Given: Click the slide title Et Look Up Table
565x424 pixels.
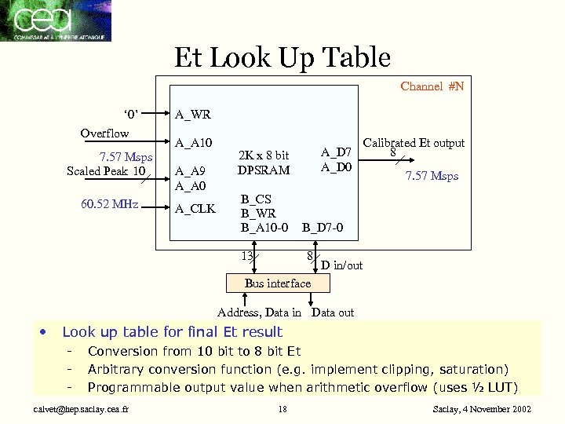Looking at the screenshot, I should (282, 57).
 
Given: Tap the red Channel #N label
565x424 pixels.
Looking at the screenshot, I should (432, 86).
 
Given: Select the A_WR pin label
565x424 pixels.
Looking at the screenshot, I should (192, 115).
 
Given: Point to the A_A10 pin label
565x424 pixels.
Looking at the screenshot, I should (193, 143).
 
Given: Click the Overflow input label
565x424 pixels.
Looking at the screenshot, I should (104, 133).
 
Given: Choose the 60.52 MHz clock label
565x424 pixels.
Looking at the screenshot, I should (109, 205).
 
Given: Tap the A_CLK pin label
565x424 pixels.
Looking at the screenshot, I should (194, 208).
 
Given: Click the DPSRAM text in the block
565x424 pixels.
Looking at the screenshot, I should (263, 170).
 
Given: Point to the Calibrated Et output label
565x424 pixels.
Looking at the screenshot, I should (414, 143).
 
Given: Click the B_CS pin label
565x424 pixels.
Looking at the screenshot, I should (256, 199).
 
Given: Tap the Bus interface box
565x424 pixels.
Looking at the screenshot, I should (278, 283).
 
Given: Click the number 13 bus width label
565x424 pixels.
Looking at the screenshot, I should (246, 256).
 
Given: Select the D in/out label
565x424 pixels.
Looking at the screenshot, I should (342, 265).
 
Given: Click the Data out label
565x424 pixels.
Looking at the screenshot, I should (333, 313).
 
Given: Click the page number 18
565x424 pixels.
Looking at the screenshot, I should (282, 409).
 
